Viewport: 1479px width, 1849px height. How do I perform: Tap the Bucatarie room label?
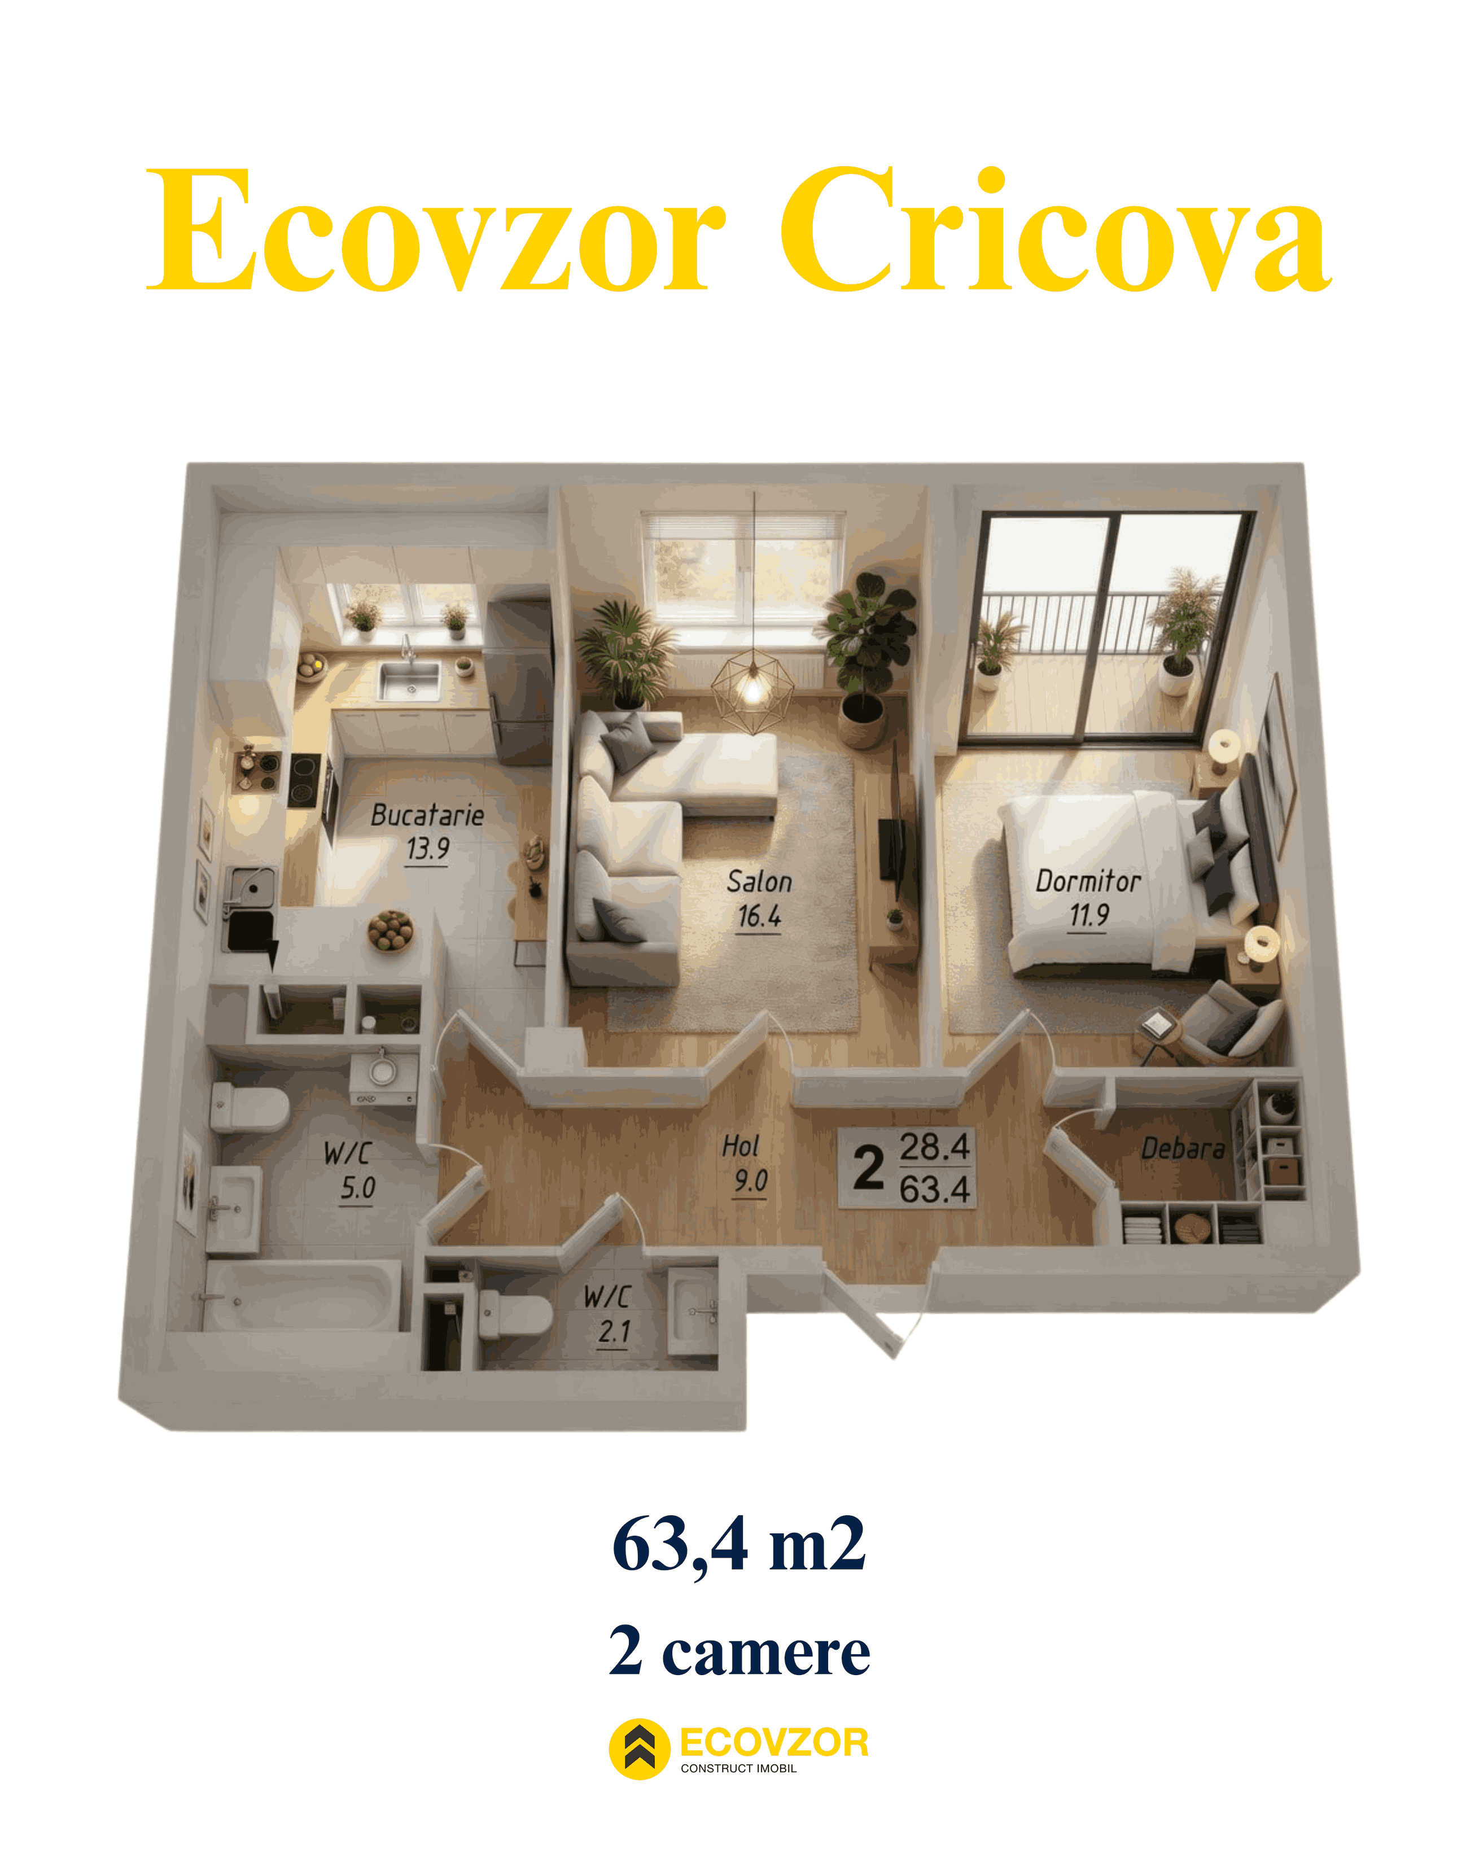427,815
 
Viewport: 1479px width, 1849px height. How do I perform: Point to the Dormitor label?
1087,881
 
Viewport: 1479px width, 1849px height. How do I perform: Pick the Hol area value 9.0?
750,1181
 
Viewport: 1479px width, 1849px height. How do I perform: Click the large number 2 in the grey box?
868,1168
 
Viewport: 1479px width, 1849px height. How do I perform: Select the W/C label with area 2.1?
607,1296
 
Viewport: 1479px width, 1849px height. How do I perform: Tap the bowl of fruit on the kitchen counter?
391,930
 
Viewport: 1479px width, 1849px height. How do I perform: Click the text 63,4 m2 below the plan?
739,1545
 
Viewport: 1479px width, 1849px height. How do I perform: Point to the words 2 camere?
739,1651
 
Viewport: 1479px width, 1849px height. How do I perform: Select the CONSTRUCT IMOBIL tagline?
738,1768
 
